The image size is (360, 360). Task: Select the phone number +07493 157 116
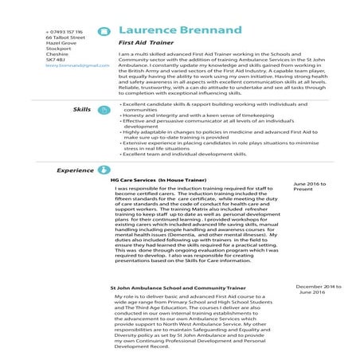(x=64, y=31)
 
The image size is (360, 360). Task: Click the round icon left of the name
(x=103, y=31)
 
